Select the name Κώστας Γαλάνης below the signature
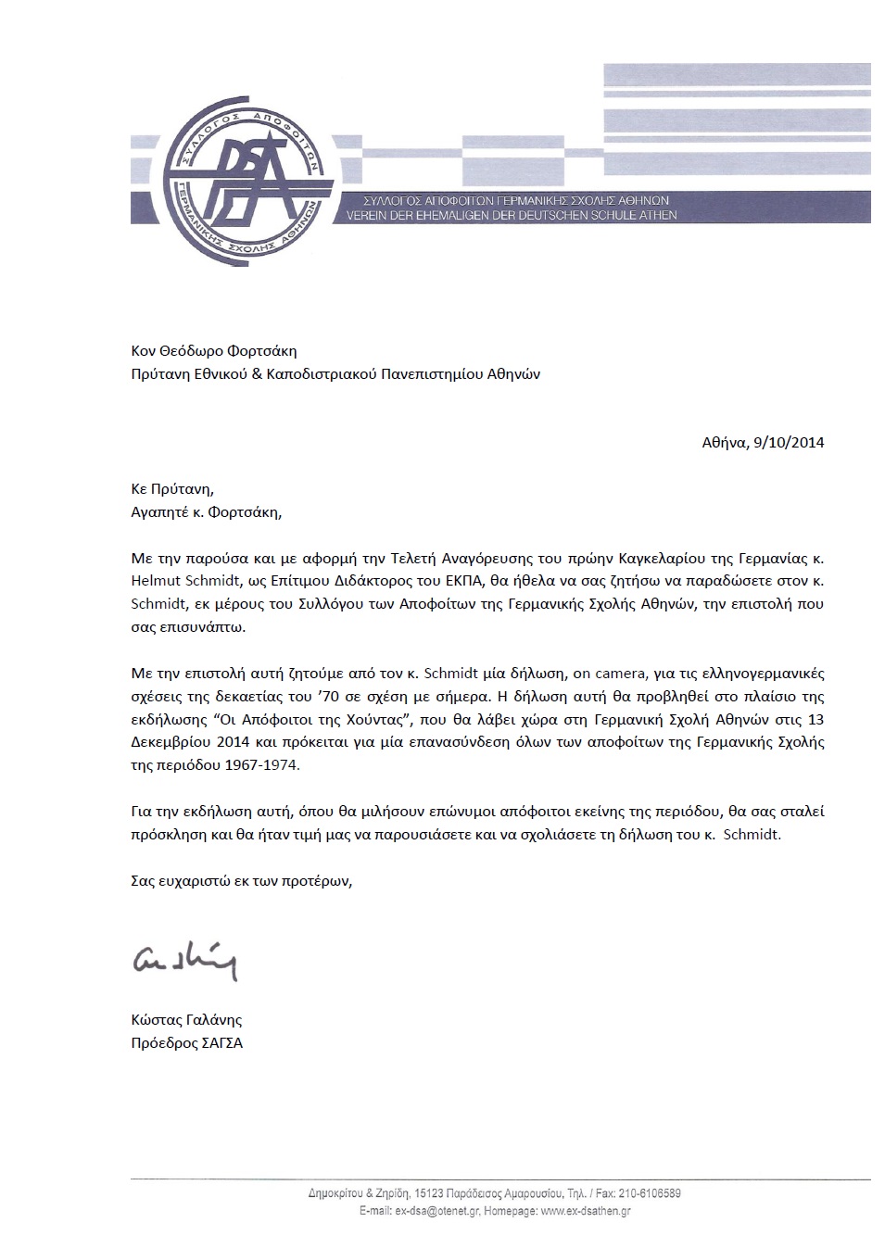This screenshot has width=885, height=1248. (x=186, y=1019)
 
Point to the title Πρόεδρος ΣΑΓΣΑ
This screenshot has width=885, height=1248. (x=186, y=1042)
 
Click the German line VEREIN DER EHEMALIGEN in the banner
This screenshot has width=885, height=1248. (x=511, y=215)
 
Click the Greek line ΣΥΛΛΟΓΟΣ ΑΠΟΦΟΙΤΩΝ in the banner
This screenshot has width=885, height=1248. (x=505, y=201)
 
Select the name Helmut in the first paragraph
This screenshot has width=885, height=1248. (x=155, y=580)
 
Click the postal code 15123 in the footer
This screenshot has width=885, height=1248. (x=431, y=1193)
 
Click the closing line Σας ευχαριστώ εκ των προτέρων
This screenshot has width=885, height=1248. (x=242, y=881)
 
